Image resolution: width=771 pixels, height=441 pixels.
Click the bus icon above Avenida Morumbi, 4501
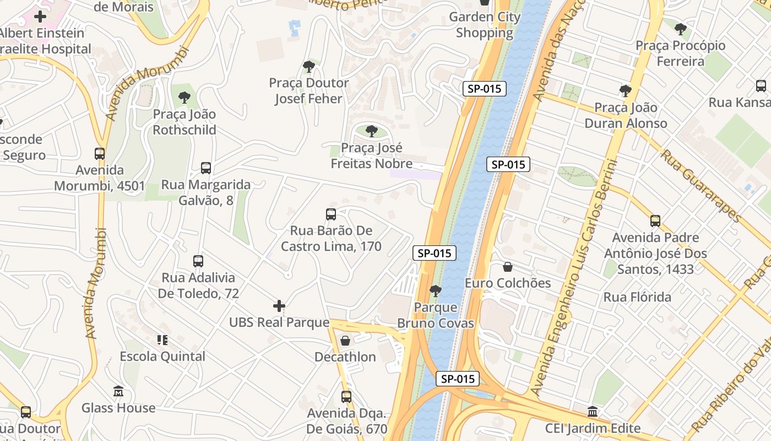pos(100,153)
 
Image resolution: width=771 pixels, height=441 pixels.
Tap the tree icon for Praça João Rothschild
pos(184,98)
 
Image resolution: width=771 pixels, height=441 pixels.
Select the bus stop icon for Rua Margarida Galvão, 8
pos(206,168)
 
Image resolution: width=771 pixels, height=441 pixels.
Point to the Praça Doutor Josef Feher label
pos(308,91)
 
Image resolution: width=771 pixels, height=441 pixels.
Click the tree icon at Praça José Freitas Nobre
pos(372,131)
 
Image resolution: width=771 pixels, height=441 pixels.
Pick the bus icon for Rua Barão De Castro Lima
pos(331,214)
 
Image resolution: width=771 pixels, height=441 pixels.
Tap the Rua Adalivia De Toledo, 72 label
pos(198,286)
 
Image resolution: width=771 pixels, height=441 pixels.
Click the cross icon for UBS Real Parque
pos(279,305)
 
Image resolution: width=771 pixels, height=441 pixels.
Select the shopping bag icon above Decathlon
pos(345,341)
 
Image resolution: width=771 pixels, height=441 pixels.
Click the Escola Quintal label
pos(162,357)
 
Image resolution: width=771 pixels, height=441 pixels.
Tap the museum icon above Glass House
pos(118,391)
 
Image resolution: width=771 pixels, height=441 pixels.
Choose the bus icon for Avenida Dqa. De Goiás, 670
pos(346,396)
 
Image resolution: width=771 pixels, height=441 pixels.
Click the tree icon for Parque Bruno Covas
pos(436,291)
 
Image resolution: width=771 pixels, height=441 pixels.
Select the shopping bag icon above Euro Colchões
pos(508,267)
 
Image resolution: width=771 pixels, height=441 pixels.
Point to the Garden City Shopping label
pos(485,25)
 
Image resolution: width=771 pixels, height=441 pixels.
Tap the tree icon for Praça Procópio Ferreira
pos(681,29)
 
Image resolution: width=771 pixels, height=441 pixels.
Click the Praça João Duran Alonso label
pos(626,115)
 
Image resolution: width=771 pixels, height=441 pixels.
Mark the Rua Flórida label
pos(637,297)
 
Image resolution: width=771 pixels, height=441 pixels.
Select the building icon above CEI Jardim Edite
pos(593,411)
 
